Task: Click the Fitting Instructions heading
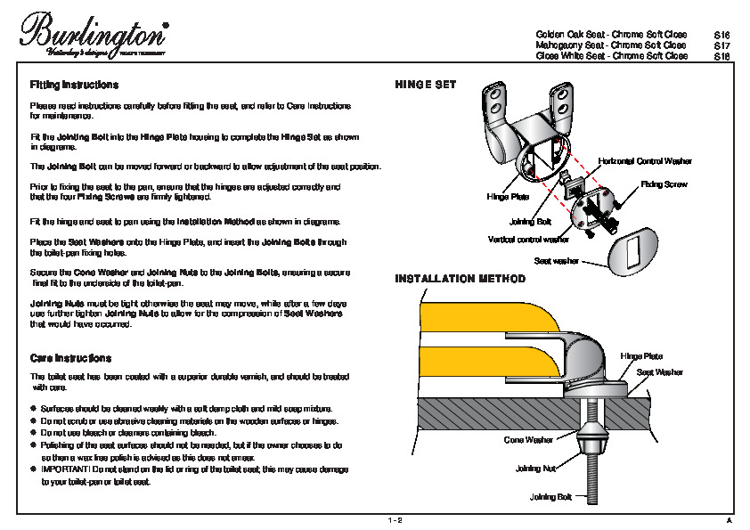[x=74, y=86]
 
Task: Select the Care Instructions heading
[x=70, y=358]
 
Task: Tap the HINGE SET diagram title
[x=426, y=86]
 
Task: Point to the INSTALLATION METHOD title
[x=460, y=280]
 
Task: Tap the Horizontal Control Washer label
[x=645, y=160]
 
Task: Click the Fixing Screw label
[x=664, y=184]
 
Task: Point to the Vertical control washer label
[x=528, y=240]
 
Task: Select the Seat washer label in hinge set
[x=556, y=261]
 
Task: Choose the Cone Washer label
[x=528, y=440]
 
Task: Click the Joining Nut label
[x=535, y=468]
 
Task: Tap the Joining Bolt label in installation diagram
[x=550, y=496]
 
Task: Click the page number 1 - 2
[x=395, y=519]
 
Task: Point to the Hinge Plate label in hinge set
[x=508, y=196]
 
